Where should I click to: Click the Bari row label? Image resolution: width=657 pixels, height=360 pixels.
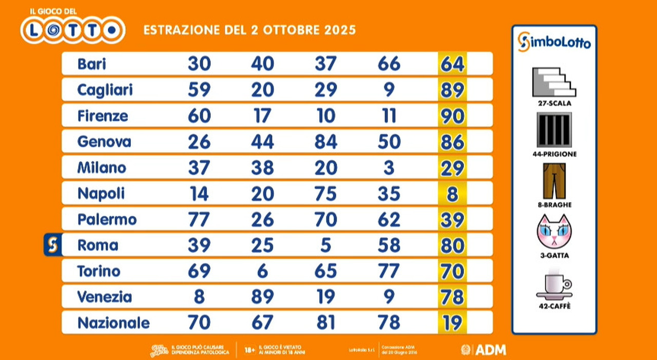92,64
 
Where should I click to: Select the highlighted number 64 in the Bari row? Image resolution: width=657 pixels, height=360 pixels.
452,64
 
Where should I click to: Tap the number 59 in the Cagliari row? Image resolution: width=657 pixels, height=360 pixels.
199,90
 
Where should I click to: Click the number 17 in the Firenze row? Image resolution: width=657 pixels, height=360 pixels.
262,116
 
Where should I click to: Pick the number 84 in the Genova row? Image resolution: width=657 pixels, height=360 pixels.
325,142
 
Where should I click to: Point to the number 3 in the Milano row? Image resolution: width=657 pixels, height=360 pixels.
389,168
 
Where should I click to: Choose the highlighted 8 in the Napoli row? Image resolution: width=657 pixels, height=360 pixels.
452,194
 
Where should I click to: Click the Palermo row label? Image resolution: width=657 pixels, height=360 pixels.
107,220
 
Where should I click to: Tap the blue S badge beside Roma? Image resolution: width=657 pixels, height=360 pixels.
52,245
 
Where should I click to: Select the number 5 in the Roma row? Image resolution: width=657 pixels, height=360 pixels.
325,245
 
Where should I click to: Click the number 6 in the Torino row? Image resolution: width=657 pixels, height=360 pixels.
262,272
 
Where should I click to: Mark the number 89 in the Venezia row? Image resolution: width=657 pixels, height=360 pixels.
262,297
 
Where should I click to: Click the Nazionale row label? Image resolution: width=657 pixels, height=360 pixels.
113,323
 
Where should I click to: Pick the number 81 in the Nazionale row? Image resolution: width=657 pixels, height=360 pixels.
325,323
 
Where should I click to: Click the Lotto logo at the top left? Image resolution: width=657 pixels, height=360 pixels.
73,29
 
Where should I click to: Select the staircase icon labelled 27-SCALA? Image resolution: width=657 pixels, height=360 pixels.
554,82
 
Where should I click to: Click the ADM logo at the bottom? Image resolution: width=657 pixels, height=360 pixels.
484,350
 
